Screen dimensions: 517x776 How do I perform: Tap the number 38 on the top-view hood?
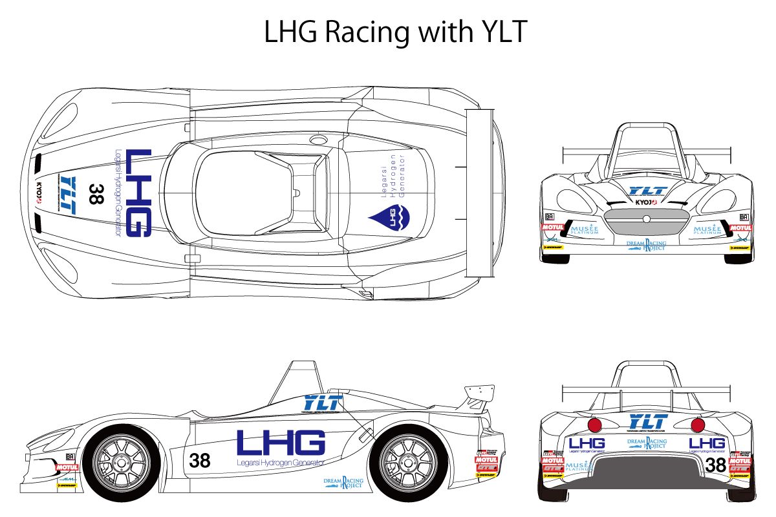96,194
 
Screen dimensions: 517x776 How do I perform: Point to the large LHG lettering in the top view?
138,193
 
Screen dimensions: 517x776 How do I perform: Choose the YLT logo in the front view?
647,191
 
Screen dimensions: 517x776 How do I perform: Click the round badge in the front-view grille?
646,220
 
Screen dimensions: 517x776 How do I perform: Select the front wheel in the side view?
122,461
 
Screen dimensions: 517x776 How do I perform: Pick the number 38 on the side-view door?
200,461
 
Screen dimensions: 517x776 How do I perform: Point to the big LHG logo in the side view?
281,443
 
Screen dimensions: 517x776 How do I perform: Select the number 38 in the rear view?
715,465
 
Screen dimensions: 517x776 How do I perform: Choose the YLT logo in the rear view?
647,421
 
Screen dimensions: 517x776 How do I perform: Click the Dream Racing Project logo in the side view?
344,483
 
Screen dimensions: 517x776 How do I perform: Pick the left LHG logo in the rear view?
587,443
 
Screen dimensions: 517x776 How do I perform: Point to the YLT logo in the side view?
321,402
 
